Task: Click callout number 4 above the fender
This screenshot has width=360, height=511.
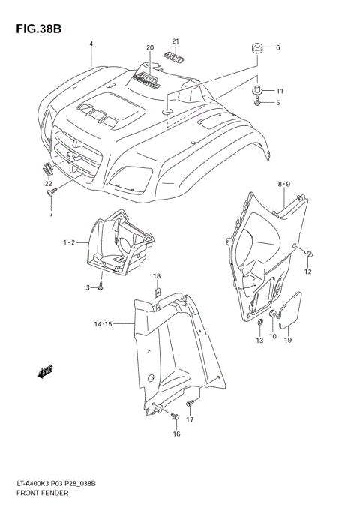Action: click(91, 44)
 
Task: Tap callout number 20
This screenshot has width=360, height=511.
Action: click(150, 47)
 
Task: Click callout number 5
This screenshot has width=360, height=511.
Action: click(277, 102)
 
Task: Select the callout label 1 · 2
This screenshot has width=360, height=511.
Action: click(68, 242)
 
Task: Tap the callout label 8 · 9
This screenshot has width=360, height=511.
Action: click(284, 184)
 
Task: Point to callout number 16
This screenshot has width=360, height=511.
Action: click(176, 434)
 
